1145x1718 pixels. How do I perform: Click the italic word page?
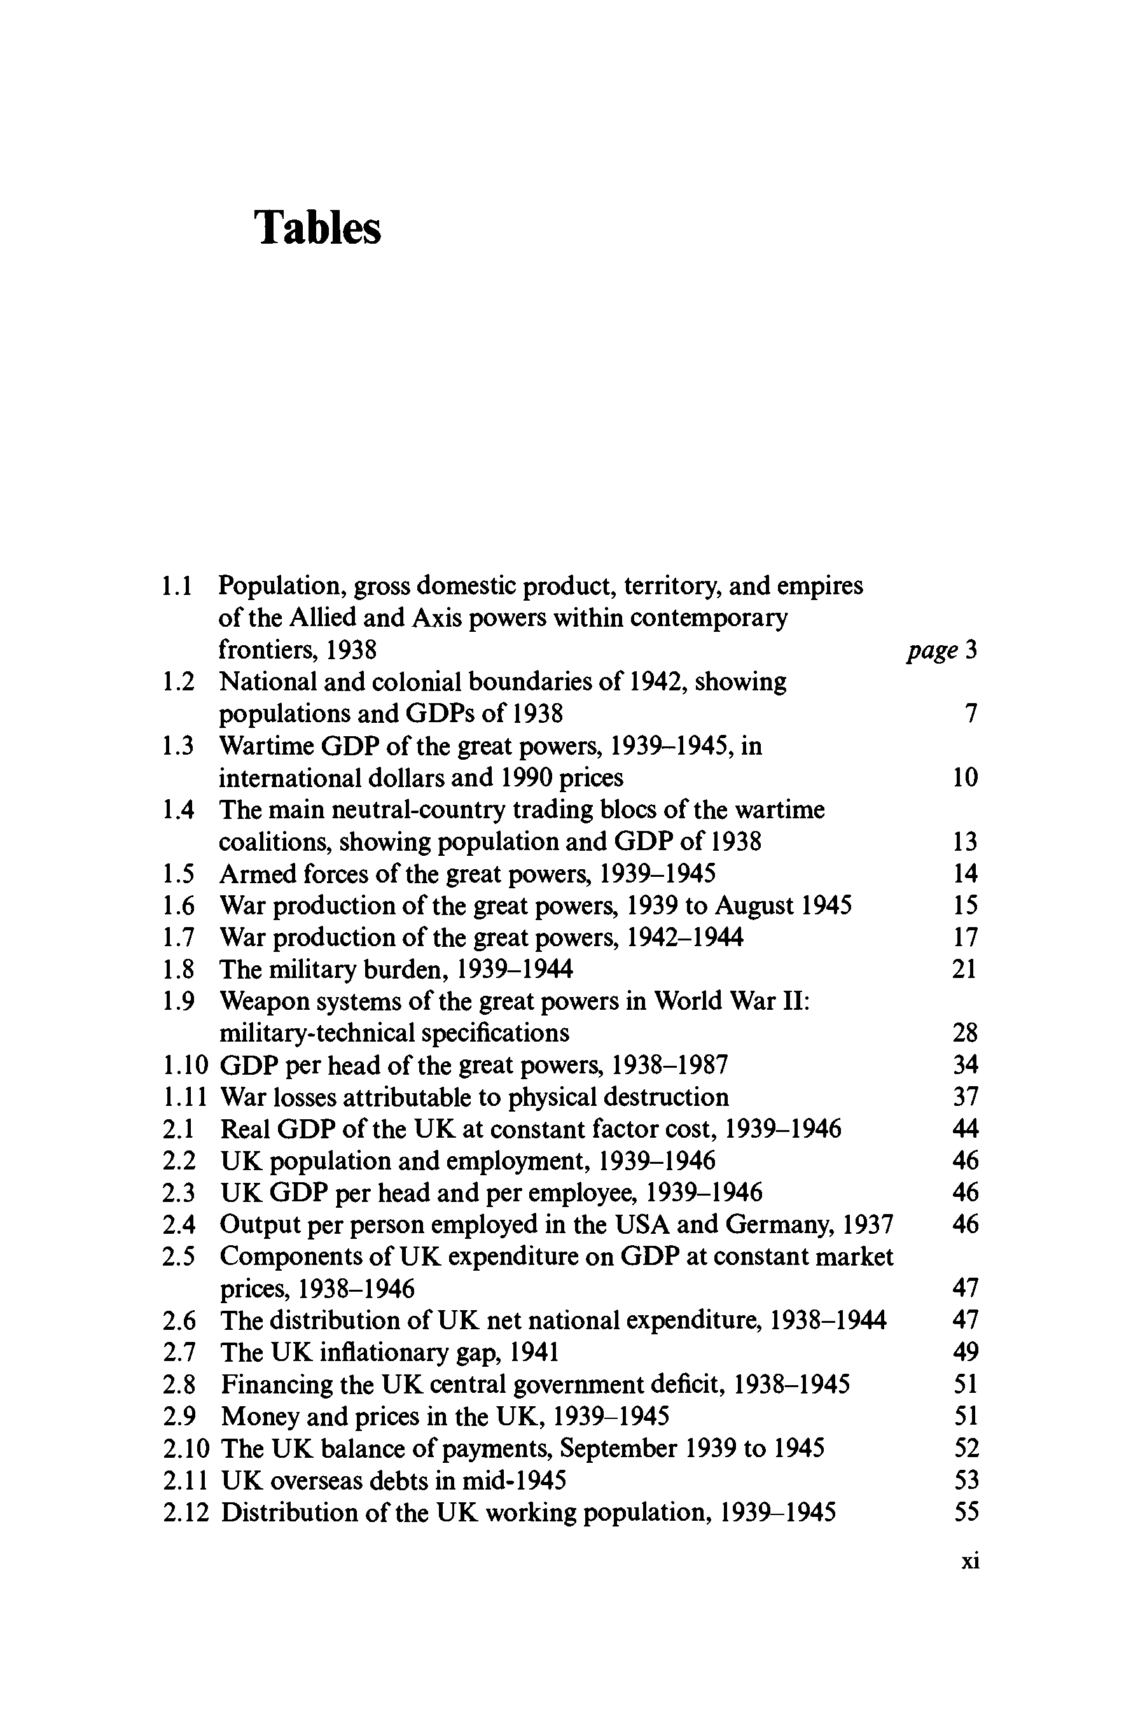[x=932, y=650]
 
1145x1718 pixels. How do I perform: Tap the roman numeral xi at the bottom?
[x=969, y=1561]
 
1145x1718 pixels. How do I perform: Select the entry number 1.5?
[x=178, y=874]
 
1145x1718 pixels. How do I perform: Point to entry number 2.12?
[x=186, y=1512]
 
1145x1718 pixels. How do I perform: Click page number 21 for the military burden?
[x=964, y=969]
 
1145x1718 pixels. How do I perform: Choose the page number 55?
[x=966, y=1512]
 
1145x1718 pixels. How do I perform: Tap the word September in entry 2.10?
[x=619, y=1448]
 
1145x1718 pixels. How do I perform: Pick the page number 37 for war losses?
[x=966, y=1097]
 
